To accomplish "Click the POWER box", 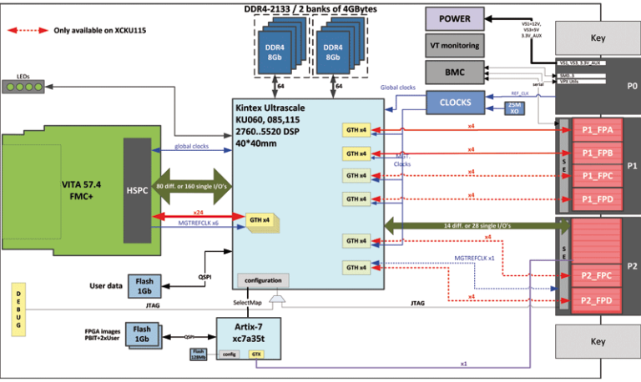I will (x=454, y=19).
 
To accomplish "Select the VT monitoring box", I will (x=454, y=46).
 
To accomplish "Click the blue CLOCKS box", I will (x=455, y=103).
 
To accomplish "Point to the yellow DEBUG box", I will (x=17, y=310).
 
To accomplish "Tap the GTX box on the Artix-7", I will (x=256, y=354).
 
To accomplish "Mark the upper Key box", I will (x=598, y=38).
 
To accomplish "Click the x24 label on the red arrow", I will (x=198, y=212).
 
